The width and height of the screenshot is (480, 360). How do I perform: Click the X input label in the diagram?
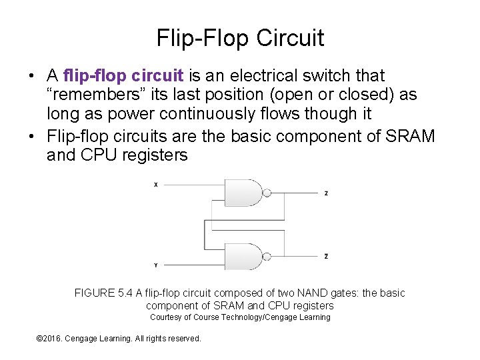click(155, 185)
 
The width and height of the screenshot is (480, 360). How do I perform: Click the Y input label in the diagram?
click(155, 265)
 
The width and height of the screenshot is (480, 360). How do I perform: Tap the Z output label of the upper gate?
click(326, 193)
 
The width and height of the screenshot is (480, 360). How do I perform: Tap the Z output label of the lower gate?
click(326, 256)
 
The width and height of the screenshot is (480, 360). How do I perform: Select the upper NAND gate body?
click(244, 193)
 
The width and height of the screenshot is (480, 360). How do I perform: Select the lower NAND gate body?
click(244, 256)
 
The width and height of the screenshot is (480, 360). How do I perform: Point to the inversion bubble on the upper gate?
click(267, 193)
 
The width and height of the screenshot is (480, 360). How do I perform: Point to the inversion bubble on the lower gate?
click(267, 256)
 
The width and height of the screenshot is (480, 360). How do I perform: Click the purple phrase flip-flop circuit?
click(125, 76)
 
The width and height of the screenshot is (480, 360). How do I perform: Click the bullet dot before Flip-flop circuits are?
click(32, 137)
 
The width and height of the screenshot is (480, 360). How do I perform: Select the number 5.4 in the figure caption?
click(125, 293)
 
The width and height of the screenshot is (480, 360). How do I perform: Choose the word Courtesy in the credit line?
click(165, 317)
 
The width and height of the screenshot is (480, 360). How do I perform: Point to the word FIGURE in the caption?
click(95, 293)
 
